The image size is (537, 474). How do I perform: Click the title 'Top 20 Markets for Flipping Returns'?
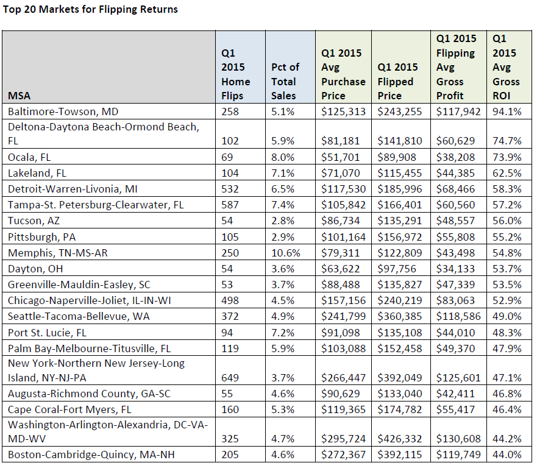coord(90,9)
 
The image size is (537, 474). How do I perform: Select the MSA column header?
coord(19,96)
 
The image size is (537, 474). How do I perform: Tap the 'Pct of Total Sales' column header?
coord(285,82)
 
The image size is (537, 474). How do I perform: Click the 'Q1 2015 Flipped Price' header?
coord(397,82)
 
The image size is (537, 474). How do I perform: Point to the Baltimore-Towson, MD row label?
coord(63,111)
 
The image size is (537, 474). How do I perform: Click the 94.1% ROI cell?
coord(507,111)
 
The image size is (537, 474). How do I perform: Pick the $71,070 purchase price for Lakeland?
coord(340,173)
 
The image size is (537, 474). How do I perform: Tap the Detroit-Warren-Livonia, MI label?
coord(73,189)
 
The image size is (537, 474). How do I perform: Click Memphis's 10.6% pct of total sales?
coord(286,253)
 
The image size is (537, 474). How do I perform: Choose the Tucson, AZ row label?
coord(34,221)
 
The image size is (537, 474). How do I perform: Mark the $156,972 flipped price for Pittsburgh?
coord(399,237)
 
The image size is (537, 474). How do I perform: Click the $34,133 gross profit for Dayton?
coord(455,269)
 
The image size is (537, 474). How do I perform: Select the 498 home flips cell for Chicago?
coord(230,300)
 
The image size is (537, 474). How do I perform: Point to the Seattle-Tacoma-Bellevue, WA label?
coord(79,316)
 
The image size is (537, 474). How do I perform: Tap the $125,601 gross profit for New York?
coord(458,378)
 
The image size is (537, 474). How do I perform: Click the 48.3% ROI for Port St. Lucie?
coord(507,333)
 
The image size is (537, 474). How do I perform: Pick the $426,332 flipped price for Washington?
coord(399,439)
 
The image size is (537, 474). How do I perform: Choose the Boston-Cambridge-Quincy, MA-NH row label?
coord(91,455)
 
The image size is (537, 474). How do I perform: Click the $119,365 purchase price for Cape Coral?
coord(343,409)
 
